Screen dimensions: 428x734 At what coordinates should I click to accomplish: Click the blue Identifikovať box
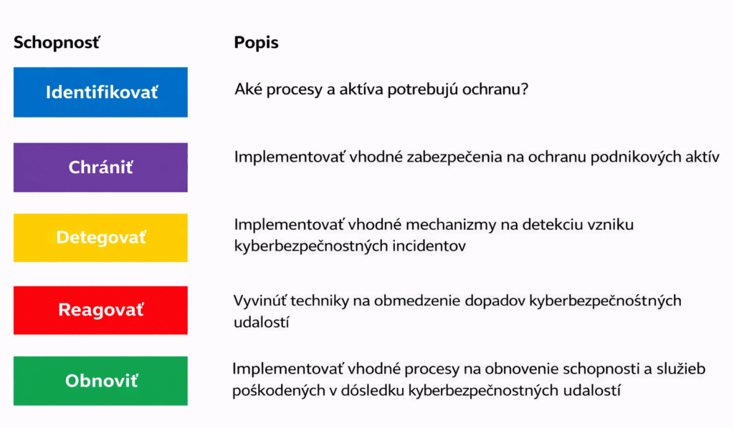100,92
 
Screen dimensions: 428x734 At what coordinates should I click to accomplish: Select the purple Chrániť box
100,167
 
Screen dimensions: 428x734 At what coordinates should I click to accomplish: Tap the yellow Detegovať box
100,238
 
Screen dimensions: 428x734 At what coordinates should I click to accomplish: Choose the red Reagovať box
100,310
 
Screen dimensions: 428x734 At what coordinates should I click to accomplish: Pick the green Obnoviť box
100,381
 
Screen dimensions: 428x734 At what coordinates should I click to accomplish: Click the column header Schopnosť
57,42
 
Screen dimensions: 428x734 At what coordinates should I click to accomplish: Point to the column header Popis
256,42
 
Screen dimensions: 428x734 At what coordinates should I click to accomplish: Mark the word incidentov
430,245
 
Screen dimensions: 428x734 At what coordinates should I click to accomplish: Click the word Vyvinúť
259,301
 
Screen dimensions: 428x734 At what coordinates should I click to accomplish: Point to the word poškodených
272,391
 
